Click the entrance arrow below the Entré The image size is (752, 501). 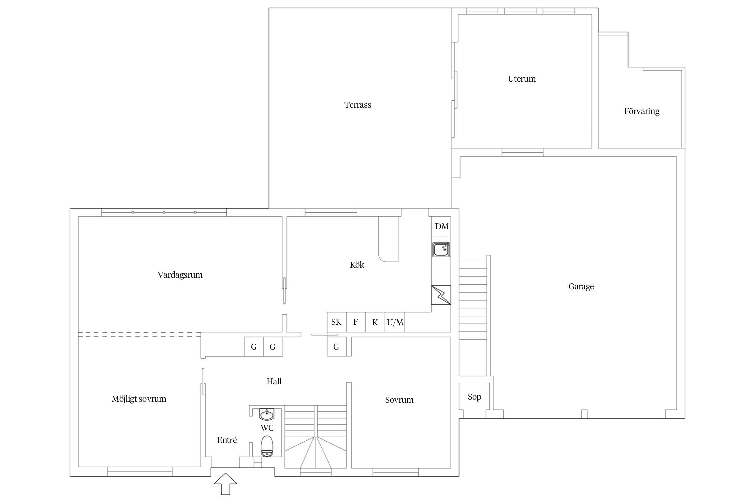(x=226, y=484)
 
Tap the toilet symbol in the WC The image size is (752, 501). (x=267, y=446)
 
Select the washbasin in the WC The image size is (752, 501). (x=267, y=414)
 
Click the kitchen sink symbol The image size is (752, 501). (x=441, y=249)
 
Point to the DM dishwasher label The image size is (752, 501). (x=442, y=227)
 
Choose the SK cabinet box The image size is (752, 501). (x=337, y=322)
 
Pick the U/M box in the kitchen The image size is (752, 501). (x=395, y=322)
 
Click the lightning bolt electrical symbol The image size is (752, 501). (x=441, y=295)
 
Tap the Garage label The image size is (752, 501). (x=581, y=287)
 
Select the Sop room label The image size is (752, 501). (x=474, y=397)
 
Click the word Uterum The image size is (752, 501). (x=522, y=79)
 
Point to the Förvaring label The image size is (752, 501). (x=642, y=111)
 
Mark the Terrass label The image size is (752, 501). (x=358, y=105)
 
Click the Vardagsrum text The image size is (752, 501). (x=180, y=275)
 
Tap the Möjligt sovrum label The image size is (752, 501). (x=139, y=399)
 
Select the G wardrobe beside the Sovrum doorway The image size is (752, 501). (x=337, y=347)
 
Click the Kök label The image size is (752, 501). (x=357, y=265)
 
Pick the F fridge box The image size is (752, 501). (x=356, y=322)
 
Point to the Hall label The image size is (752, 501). (x=274, y=381)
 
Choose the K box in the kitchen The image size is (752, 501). (x=375, y=322)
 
